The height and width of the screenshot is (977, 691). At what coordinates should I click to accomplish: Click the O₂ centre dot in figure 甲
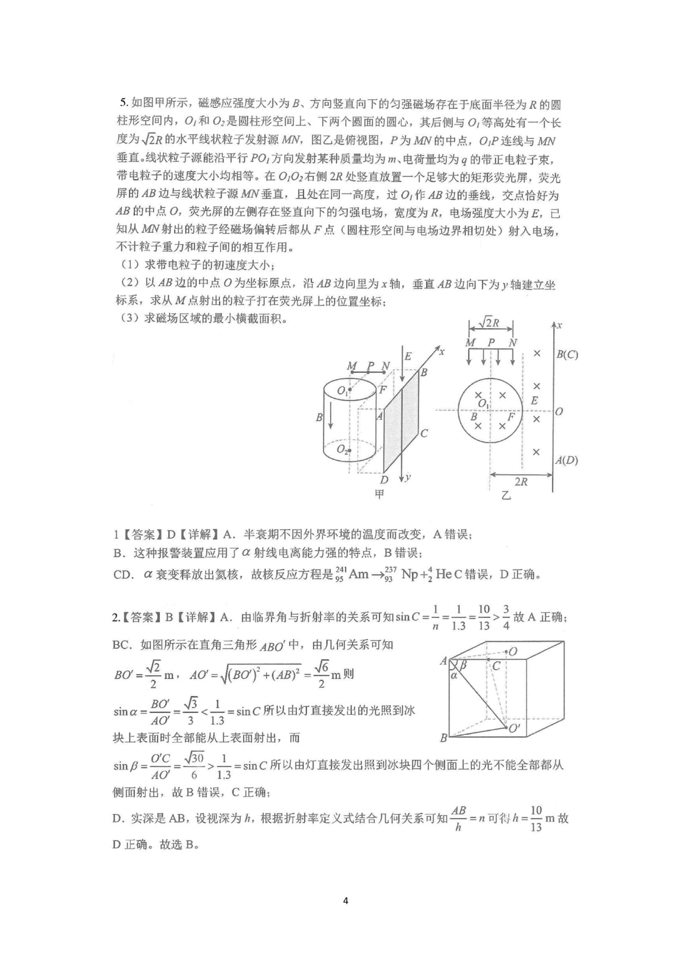pyautogui.click(x=349, y=450)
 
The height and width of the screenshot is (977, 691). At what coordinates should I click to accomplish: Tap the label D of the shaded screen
pyautogui.click(x=384, y=480)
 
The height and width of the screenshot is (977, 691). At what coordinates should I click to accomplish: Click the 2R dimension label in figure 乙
pyautogui.click(x=521, y=482)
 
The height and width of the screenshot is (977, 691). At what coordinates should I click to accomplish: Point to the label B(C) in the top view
pyautogui.click(x=567, y=354)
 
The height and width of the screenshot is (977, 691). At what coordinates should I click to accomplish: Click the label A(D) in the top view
pyautogui.click(x=567, y=460)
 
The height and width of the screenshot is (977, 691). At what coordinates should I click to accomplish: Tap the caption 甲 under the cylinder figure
pyautogui.click(x=379, y=494)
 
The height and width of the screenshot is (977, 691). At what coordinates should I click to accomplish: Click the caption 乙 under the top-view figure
pyautogui.click(x=506, y=495)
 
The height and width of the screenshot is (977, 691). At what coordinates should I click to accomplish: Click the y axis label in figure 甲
pyautogui.click(x=408, y=477)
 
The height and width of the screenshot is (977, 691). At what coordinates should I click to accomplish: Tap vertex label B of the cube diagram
pyautogui.click(x=444, y=738)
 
